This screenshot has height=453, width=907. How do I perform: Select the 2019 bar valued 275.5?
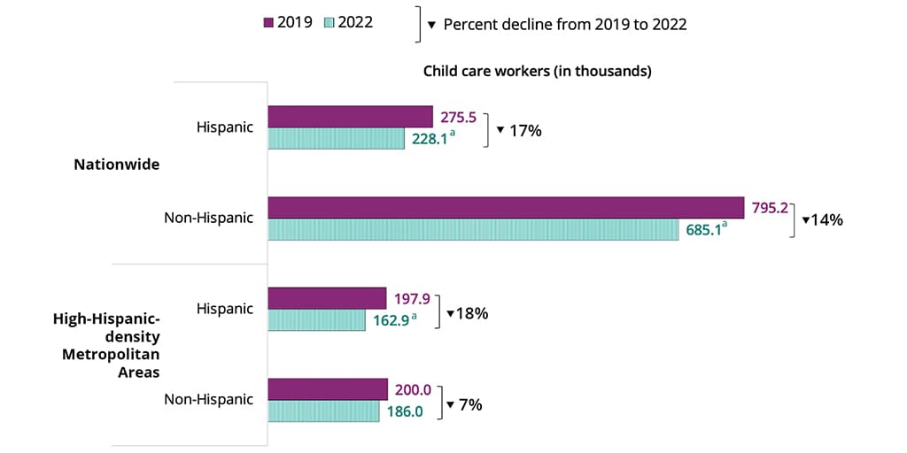[x=350, y=117]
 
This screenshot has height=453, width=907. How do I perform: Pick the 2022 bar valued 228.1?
[x=336, y=139]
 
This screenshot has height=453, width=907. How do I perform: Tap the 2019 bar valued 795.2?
[x=505, y=207]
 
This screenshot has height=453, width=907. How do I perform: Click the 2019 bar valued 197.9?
[x=327, y=298]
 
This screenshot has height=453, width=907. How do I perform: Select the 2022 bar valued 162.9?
[x=316, y=320]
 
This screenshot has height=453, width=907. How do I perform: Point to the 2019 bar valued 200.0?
[x=328, y=389]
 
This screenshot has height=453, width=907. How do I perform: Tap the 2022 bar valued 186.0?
[x=324, y=411]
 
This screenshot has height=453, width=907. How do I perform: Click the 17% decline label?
[x=519, y=130]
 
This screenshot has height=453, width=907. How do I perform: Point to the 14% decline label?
[x=822, y=219]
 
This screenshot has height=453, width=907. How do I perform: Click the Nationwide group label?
[x=116, y=165]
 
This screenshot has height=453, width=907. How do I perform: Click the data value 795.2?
[x=770, y=209]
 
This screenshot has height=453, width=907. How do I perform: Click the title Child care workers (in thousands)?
[x=537, y=72]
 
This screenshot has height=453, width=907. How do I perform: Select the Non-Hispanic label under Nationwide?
[x=208, y=218]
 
